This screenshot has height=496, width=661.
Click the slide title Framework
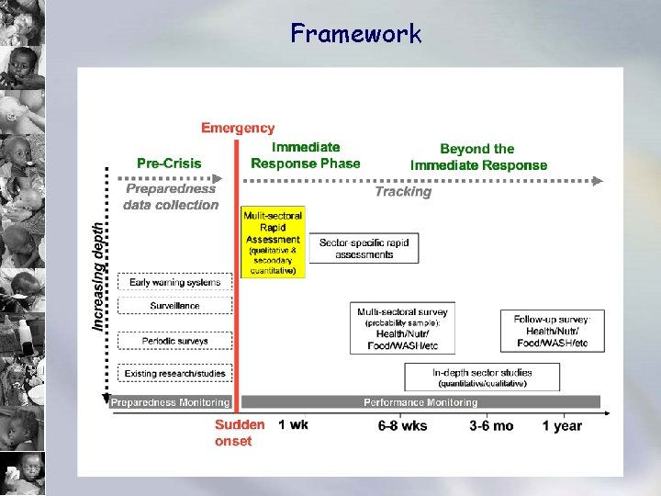[355, 34]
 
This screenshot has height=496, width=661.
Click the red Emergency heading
[238, 129]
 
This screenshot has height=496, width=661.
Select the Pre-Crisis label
[169, 163]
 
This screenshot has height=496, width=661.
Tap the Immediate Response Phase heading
[306, 155]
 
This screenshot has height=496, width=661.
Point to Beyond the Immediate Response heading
[478, 157]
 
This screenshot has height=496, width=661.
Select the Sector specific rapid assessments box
[364, 248]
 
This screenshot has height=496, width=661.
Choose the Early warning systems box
[174, 282]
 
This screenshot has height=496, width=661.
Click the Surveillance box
[174, 306]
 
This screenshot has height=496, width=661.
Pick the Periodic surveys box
[174, 341]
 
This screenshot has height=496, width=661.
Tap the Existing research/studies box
[174, 373]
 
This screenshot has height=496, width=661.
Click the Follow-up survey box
[552, 331]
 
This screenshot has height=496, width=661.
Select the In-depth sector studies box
[482, 378]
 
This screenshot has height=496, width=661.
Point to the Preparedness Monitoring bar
[170, 402]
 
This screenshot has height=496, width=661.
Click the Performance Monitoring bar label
[420, 402]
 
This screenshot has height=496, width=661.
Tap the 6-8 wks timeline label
[402, 426]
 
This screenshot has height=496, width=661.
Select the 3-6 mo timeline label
[491, 426]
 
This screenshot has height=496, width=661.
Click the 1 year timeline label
[561, 426]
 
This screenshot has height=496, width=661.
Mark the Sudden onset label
[240, 433]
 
